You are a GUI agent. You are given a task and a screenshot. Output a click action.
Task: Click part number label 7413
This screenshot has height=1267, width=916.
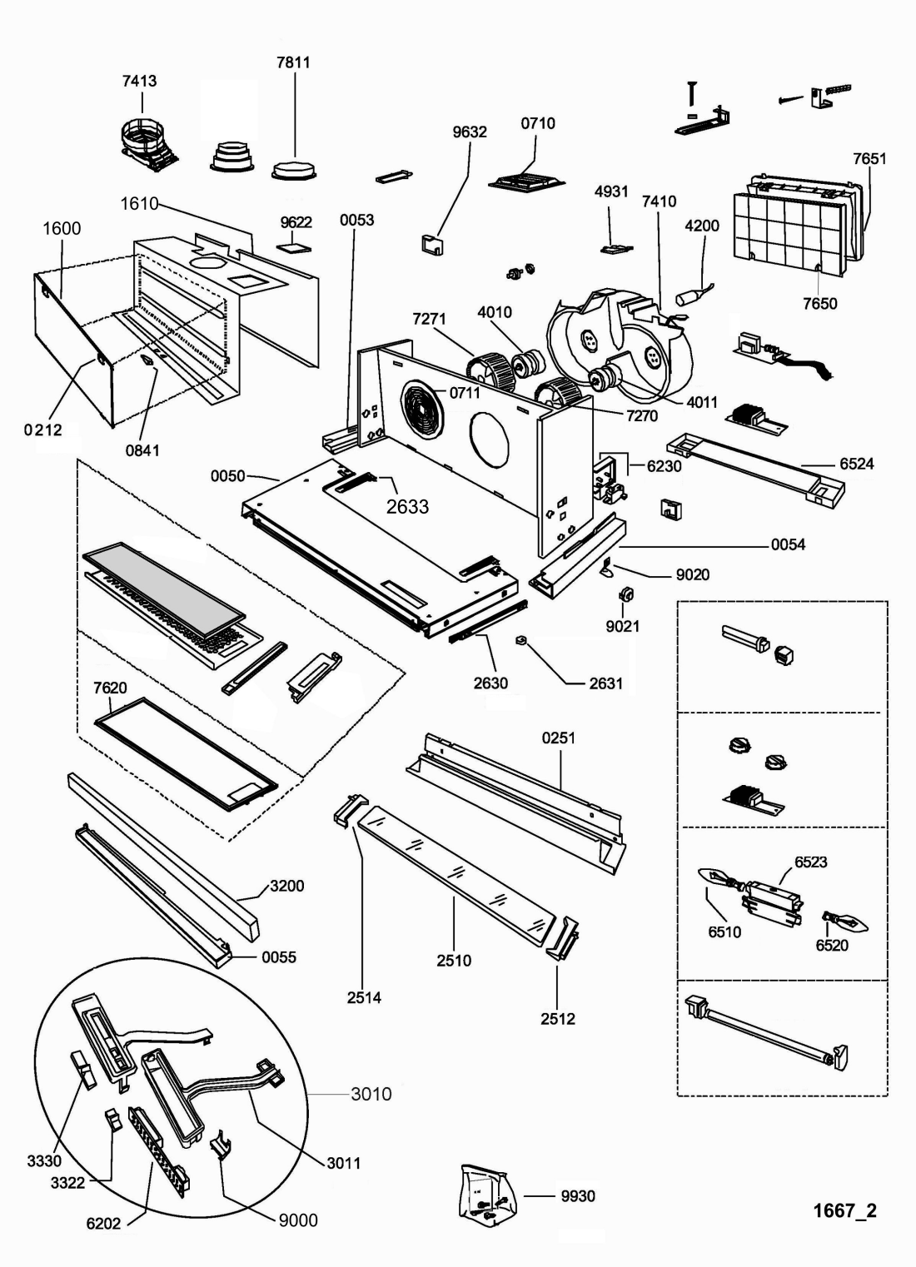[x=139, y=81]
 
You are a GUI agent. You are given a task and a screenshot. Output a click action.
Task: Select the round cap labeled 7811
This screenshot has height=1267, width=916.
[x=294, y=170]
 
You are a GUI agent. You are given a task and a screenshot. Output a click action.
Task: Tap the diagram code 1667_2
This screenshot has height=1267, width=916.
[x=844, y=1210]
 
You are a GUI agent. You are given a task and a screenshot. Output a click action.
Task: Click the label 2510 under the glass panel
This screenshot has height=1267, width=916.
[x=454, y=960]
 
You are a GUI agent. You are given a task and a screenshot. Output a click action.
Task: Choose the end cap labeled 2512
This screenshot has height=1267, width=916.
[x=562, y=940]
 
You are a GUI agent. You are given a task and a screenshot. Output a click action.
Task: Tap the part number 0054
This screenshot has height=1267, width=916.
[x=787, y=544]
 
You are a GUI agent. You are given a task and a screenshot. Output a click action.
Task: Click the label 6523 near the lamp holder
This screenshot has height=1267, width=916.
[x=810, y=862]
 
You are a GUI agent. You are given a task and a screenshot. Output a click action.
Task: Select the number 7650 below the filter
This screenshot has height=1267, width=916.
[x=820, y=303]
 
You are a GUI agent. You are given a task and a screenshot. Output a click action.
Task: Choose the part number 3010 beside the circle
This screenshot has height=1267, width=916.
[x=371, y=1093]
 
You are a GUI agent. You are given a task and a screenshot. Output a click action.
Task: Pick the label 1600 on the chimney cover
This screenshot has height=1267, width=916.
[x=62, y=228]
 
